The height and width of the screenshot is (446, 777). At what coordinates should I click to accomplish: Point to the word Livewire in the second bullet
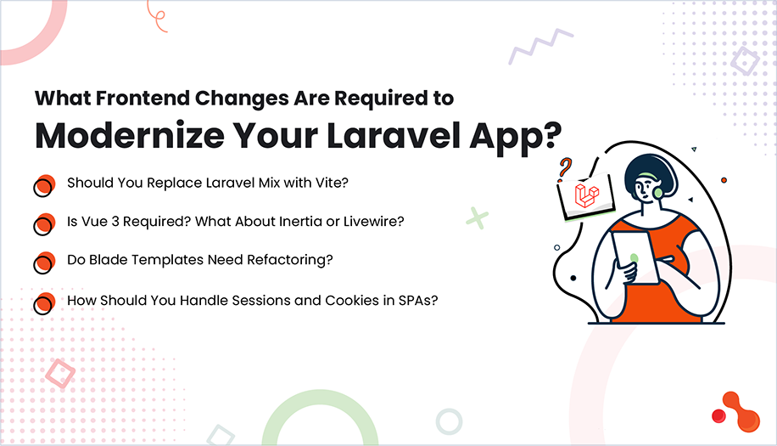point(372,222)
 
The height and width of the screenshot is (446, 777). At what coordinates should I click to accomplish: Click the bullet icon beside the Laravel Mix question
point(43,186)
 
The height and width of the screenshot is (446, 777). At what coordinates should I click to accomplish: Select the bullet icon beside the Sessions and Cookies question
point(43,303)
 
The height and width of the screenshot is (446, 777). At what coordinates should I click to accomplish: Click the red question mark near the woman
point(564,167)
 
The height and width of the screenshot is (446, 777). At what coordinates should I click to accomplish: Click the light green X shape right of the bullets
point(478,217)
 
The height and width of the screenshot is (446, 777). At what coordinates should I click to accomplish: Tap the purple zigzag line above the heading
point(540,47)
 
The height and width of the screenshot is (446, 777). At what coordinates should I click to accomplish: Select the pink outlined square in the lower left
point(59,375)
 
